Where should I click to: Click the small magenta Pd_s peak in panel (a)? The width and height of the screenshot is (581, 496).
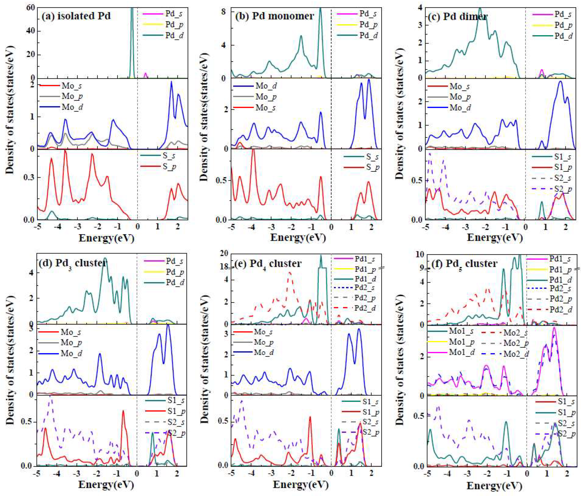click(x=145, y=74)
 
